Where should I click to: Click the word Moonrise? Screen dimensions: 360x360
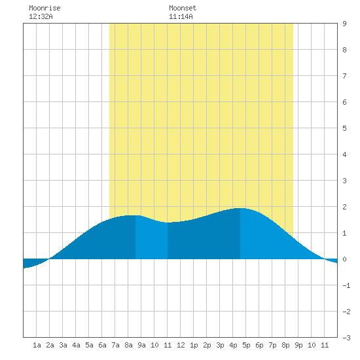(x=45, y=9)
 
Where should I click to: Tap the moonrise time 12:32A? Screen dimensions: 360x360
(x=41, y=16)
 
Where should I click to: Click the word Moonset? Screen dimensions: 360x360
(x=183, y=9)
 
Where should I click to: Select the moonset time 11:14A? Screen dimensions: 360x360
(x=181, y=16)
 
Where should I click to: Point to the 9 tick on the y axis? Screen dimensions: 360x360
(x=344, y=24)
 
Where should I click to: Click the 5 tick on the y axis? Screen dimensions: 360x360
(x=344, y=128)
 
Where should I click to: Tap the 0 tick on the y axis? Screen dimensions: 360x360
(x=344, y=259)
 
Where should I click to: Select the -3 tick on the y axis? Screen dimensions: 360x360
(x=346, y=338)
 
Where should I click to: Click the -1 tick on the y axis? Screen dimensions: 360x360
(x=346, y=285)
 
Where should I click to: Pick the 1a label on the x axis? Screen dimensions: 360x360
(x=37, y=345)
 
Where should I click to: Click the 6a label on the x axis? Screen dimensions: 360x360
(x=102, y=345)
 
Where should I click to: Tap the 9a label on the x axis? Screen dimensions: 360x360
(x=141, y=345)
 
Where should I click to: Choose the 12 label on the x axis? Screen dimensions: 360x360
(x=181, y=345)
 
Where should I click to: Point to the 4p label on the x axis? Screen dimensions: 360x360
(x=233, y=345)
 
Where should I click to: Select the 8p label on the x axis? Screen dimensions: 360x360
(x=285, y=345)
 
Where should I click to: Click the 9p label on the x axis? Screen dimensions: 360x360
(x=298, y=345)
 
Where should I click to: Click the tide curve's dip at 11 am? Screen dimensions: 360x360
(x=168, y=223)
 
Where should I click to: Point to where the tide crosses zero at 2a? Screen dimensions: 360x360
(x=50, y=259)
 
